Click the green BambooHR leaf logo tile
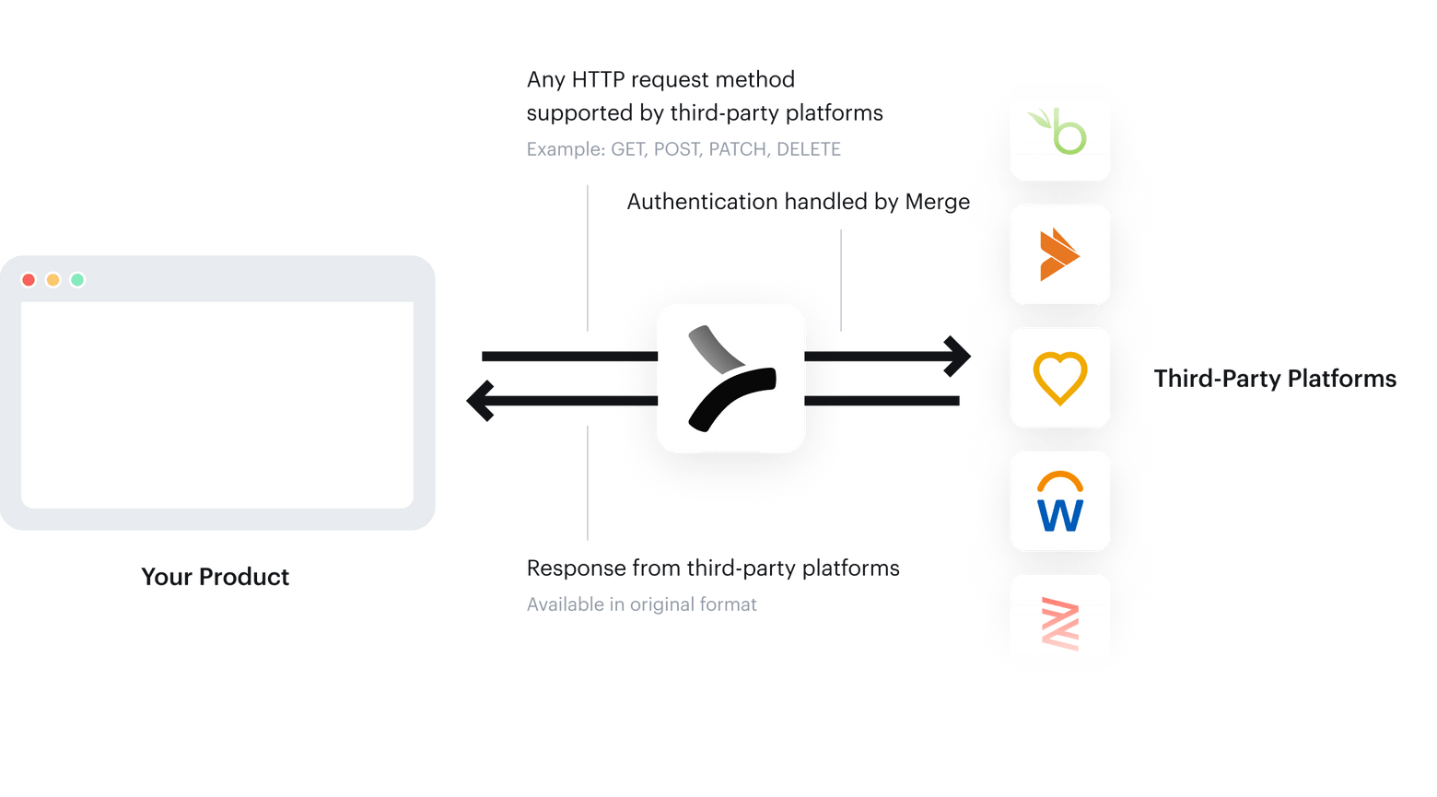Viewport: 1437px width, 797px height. click(1059, 132)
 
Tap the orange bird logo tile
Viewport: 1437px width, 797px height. click(1059, 254)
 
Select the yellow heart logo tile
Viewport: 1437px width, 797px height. click(1059, 378)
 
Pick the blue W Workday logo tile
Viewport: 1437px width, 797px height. click(1059, 501)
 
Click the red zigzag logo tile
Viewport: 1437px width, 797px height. click(1059, 624)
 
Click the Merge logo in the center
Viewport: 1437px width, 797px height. click(730, 379)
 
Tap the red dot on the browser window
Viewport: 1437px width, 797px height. click(29, 280)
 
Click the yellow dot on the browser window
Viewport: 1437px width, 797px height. click(53, 280)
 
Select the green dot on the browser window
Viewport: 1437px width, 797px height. click(77, 280)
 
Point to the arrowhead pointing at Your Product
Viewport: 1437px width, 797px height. click(480, 401)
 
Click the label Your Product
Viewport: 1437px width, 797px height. click(215, 577)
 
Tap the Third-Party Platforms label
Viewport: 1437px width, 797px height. click(1275, 379)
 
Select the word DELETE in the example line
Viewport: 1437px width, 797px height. click(809, 149)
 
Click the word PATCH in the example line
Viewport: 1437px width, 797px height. click(738, 149)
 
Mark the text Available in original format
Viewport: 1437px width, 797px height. click(641, 604)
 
